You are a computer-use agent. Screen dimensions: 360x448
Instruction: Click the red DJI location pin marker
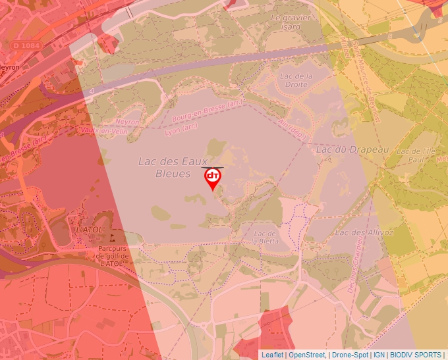(213, 178)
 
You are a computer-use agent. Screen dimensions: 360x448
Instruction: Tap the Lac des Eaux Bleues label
(173, 167)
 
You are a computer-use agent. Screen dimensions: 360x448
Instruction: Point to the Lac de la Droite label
(295, 80)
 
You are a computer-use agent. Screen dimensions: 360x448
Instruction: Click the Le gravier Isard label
(290, 22)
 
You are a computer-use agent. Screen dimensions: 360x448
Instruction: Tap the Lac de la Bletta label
(265, 237)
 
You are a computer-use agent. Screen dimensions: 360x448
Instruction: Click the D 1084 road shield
(26, 45)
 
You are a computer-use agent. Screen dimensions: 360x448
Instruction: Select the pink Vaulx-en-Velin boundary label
(103, 130)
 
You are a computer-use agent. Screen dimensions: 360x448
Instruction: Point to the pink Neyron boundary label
(127, 122)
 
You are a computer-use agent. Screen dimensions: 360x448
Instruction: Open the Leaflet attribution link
(272, 355)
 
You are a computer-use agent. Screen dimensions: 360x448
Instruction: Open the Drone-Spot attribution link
(350, 355)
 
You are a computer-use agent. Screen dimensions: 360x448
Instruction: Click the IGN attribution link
(379, 355)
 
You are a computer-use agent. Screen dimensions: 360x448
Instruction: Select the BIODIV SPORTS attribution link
(416, 355)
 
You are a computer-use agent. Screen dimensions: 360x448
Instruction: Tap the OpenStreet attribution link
(307, 355)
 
